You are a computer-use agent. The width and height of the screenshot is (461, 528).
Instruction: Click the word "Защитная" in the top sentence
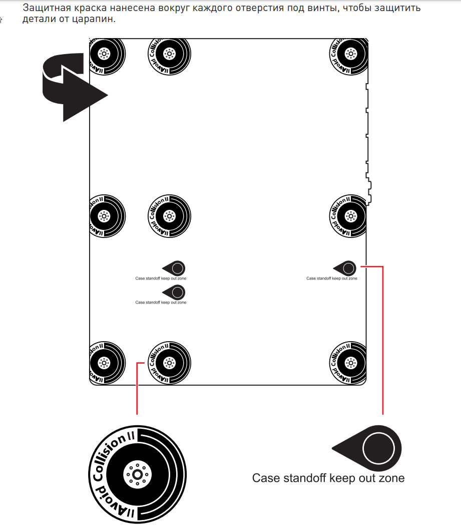tap(44, 8)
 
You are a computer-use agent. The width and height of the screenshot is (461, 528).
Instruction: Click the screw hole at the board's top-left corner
tap(104, 53)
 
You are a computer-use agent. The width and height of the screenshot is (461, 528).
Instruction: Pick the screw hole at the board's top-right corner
tap(351, 53)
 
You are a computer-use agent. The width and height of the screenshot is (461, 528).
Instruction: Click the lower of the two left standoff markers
tap(177, 292)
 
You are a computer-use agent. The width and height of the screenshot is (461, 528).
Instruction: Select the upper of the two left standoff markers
tap(177, 268)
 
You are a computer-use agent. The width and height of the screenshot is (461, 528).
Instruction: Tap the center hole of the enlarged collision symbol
tap(136, 474)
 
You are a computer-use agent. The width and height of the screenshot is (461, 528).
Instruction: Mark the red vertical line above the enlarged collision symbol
tap(137, 391)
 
